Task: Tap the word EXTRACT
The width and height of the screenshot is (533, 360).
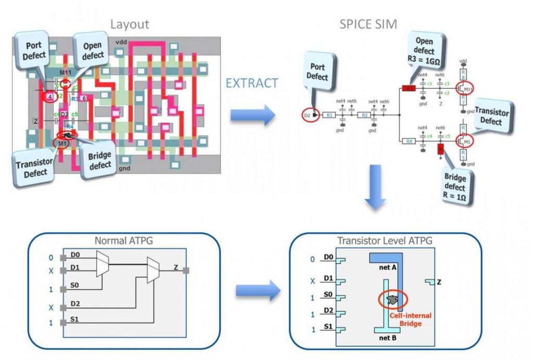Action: click(x=252, y=83)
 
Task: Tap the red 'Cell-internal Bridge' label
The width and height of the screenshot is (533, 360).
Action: click(x=415, y=319)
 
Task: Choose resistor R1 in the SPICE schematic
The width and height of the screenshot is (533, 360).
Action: click(x=329, y=115)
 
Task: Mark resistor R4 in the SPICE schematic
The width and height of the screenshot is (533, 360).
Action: click(x=410, y=141)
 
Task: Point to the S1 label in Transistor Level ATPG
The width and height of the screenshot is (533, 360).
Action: click(x=328, y=328)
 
